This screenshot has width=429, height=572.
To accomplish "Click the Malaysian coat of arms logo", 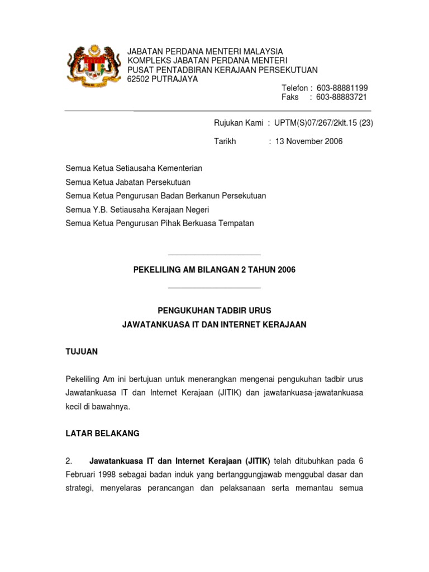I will click(93, 66).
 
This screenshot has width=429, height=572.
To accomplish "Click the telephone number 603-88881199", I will click(342, 88).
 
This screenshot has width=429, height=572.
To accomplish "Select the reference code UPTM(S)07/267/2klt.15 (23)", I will click(323, 123).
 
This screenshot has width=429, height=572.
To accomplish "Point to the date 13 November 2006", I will click(308, 141).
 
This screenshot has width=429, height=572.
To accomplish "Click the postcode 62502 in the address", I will click(139, 79).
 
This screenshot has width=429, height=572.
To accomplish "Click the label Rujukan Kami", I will click(239, 123).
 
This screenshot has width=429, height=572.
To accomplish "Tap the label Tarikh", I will click(225, 141).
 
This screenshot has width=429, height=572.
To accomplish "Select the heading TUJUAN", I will click(82, 351).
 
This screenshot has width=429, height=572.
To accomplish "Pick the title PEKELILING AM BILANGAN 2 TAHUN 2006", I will click(214, 270).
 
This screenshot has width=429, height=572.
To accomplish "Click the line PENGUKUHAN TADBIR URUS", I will click(214, 311).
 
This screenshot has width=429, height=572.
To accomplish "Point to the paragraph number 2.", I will click(69, 461).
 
